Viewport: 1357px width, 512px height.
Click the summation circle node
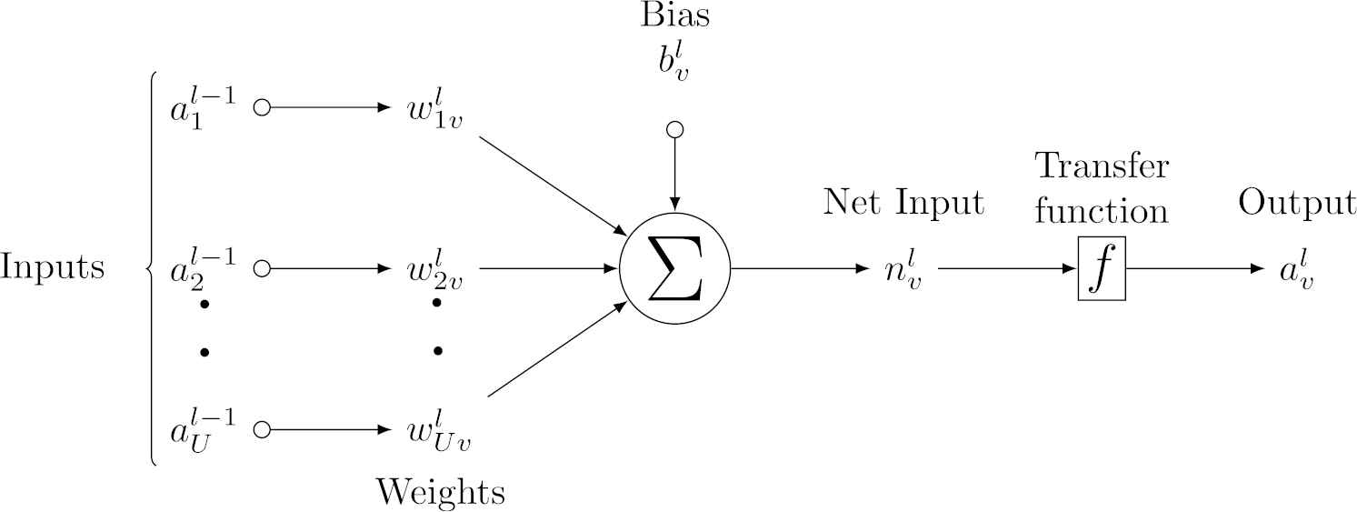(x=674, y=270)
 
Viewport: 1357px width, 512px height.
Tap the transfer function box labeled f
(x=1102, y=270)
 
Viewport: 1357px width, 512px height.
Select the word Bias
(x=674, y=16)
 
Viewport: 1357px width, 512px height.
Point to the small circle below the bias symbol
(x=674, y=130)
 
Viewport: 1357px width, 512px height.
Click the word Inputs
(x=53, y=268)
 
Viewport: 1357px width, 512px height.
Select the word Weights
(x=441, y=492)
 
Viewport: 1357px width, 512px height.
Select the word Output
(x=1297, y=203)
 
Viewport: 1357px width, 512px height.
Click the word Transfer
(x=1102, y=167)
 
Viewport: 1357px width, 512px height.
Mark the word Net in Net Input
(x=853, y=203)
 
